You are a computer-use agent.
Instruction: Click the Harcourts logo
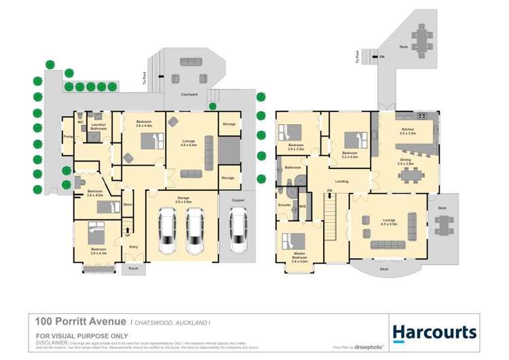coord(434,332)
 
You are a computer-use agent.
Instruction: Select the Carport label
coord(238,200)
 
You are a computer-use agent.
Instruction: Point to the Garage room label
coord(183,199)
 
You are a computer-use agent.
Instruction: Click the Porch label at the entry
coord(133,269)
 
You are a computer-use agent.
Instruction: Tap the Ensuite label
coord(285,204)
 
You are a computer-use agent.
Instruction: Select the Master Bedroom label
coord(299,257)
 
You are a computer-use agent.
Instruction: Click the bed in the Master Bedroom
coord(294,241)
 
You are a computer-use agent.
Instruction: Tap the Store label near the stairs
coord(127,204)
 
